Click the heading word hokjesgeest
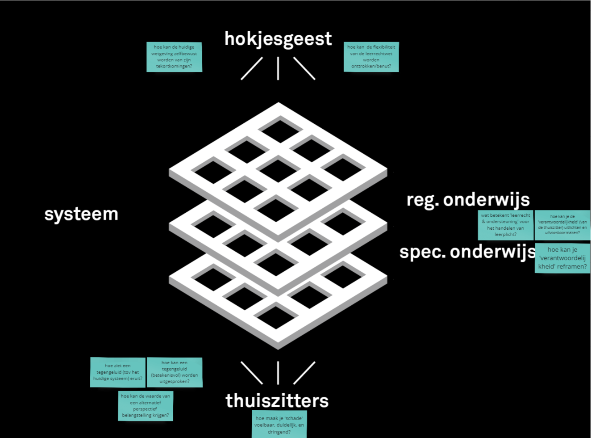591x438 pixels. point(278,39)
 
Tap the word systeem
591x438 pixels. point(81,214)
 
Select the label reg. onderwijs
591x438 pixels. point(468,200)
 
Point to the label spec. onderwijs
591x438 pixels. point(467,252)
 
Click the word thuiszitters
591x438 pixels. point(277,400)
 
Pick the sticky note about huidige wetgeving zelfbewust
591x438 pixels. point(174,57)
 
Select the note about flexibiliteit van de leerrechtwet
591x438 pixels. point(371,57)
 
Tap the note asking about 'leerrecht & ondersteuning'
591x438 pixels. point(505,225)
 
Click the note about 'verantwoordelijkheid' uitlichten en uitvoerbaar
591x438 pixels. point(562,225)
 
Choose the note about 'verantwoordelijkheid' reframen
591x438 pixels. point(562,258)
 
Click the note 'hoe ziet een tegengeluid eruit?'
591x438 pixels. point(118,372)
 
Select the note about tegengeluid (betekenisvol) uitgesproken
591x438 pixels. point(175,372)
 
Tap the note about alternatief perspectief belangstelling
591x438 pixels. point(146,405)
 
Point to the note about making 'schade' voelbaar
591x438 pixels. point(279,425)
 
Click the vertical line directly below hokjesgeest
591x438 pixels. point(278,68)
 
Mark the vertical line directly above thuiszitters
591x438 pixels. point(278,373)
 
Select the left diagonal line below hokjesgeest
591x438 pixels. point(252,68)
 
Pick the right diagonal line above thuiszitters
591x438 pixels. point(304,373)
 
